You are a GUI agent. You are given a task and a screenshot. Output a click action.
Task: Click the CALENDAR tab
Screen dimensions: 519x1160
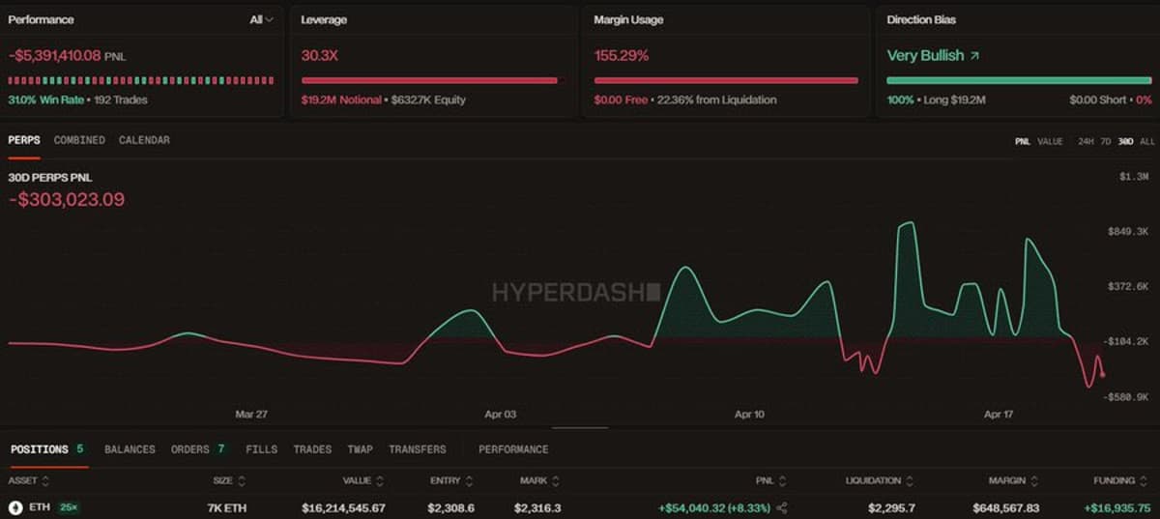click(144, 140)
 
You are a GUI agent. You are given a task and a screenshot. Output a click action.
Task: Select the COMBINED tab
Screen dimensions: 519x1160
click(79, 140)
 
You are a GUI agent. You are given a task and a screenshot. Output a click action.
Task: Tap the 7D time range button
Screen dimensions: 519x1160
click(1105, 142)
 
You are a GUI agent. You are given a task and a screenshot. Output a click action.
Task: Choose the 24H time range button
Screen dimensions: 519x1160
click(1086, 142)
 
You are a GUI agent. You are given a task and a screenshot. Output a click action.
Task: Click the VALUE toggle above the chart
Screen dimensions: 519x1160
click(1050, 142)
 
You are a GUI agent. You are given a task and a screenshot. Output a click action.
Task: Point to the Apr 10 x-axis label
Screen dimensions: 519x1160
click(749, 415)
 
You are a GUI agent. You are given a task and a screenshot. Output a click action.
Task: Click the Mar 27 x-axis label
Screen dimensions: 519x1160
click(251, 415)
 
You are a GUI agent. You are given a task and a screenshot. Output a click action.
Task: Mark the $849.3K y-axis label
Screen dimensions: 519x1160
click(1128, 232)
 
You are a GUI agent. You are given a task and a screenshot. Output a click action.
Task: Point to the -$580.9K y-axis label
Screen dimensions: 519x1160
click(1126, 397)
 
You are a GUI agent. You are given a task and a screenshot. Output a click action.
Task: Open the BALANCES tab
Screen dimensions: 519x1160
click(130, 449)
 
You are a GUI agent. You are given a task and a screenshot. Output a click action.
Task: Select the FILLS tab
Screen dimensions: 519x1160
click(261, 449)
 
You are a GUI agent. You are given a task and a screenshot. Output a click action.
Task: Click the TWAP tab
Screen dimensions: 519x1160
click(360, 449)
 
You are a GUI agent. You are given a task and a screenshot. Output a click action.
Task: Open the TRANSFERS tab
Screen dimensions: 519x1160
click(417, 449)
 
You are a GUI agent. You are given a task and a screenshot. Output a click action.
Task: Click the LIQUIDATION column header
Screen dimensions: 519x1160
click(873, 480)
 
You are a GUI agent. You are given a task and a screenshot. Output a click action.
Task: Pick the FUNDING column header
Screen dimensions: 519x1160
click(1114, 480)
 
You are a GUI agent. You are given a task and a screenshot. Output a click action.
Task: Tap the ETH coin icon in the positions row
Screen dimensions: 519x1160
click(15, 507)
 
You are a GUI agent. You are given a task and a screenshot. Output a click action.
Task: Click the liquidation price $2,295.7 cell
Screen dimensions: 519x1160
click(890, 507)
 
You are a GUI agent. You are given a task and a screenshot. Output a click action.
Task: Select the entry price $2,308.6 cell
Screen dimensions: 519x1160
click(452, 507)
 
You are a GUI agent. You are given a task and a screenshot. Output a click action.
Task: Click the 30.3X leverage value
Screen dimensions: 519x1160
click(320, 56)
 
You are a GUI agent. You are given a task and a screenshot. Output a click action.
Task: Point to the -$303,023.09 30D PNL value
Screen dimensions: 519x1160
click(67, 200)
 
